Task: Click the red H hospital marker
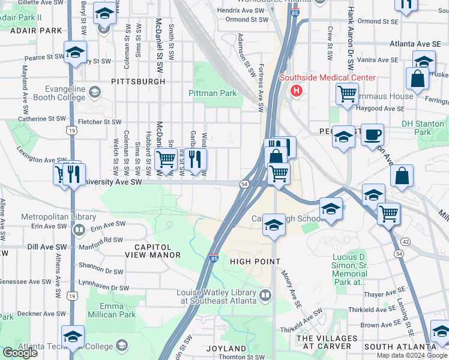tap(296, 91)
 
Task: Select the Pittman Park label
tap(212, 94)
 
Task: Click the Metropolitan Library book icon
tap(79, 230)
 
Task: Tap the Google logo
tap(20, 353)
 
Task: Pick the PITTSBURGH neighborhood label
tap(137, 81)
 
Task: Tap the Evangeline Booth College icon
tap(94, 92)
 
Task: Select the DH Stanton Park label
tap(424, 128)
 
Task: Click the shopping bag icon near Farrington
tap(417, 78)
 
